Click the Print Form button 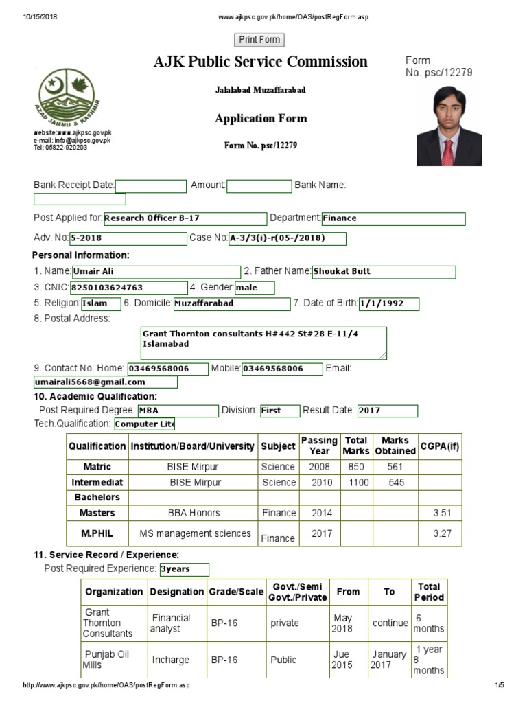pos(259,40)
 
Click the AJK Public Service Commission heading pos(261,62)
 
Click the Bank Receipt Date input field pos(151,186)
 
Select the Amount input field pos(259,186)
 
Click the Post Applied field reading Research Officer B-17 pos(185,219)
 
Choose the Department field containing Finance pos(393,219)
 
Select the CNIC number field pos(128,288)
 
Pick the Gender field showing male pos(254,288)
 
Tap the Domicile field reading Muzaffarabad pos(231,303)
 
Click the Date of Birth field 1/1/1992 pos(388,303)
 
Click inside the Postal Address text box pos(263,343)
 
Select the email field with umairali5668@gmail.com pos(105,382)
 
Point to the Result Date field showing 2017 pos(387,411)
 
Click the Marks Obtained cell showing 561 pos(395,467)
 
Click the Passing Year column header pos(319,446)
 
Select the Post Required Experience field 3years pos(183,569)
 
